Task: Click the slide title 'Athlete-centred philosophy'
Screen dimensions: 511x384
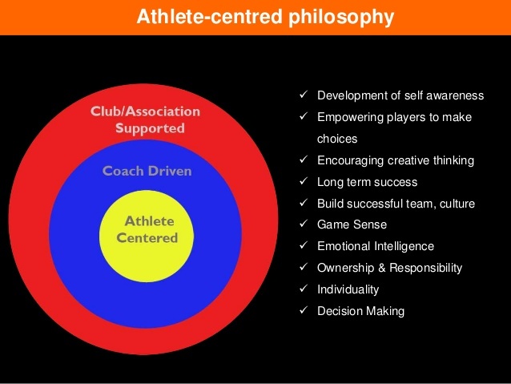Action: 265,17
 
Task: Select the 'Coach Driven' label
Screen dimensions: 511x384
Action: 147,171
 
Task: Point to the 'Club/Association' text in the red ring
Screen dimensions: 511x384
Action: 145,111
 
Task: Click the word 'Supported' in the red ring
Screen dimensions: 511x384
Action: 150,128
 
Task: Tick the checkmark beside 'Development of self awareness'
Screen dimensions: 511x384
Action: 304,95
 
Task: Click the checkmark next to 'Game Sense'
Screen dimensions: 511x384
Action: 304,224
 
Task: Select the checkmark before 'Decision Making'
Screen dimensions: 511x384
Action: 304,310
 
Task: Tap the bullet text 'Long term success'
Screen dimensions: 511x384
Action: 368,182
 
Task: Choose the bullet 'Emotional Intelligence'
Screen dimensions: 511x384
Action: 376,246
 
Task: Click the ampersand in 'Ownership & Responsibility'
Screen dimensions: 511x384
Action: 381,268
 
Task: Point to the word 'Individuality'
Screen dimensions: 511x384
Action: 348,289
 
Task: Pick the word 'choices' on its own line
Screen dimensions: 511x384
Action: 337,139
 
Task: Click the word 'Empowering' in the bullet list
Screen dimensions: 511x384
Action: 350,118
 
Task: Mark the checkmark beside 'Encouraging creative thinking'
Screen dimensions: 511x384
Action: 304,160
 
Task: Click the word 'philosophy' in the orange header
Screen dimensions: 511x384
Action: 341,18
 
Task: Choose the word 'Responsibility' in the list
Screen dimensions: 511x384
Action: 426,268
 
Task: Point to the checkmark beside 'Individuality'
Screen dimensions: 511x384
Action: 304,289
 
